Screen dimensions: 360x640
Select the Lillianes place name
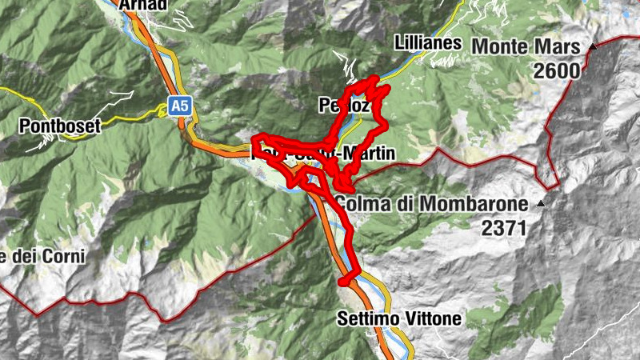428,43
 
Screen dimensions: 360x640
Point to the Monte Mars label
526,46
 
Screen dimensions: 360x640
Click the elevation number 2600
558,70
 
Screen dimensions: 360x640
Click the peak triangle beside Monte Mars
593,46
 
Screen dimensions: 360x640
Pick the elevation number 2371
504,228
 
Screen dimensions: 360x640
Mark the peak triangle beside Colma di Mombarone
541,204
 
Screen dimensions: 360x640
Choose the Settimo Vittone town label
400,318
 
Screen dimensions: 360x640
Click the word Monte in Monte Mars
502,46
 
